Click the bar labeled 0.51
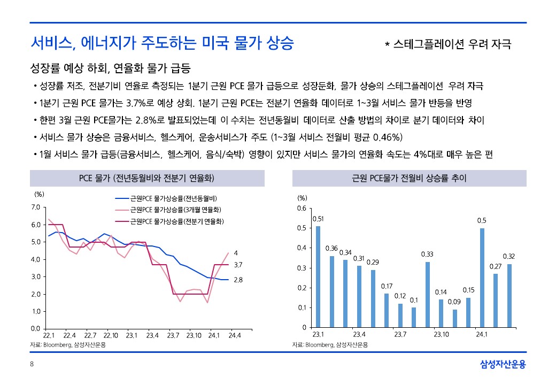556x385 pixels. [318, 276]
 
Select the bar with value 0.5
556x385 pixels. [482, 278]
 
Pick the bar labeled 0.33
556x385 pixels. [427, 295]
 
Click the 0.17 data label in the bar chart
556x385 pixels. [387, 287]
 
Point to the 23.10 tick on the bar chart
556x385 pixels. [441, 335]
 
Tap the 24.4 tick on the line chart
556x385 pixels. [234, 335]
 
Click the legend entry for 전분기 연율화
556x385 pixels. [176, 220]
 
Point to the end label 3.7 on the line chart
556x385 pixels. [238, 265]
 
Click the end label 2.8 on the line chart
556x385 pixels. [238, 280]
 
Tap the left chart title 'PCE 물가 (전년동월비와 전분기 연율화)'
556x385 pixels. [147, 178]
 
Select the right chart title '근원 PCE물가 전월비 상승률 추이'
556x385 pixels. [410, 178]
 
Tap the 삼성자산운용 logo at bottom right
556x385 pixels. [503, 365]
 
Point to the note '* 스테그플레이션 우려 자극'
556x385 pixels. [448, 44]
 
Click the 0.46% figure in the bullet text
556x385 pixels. [375, 137]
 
